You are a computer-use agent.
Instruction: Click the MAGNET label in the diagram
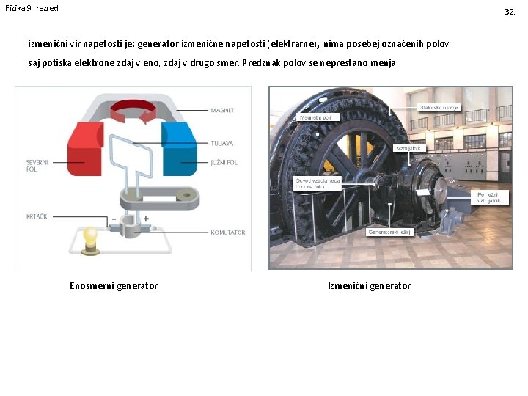(x=222, y=111)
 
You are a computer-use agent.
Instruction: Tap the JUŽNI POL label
(x=224, y=162)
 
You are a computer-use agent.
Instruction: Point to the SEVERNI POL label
(x=37, y=165)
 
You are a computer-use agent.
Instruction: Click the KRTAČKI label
(x=38, y=216)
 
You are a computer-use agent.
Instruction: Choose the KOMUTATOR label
(x=227, y=232)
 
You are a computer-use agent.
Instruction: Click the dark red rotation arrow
(x=133, y=111)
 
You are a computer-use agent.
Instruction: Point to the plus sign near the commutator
(x=146, y=219)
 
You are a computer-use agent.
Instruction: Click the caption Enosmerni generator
(x=114, y=286)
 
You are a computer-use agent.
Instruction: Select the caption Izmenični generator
(x=369, y=286)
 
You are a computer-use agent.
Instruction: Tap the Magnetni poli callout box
(x=318, y=118)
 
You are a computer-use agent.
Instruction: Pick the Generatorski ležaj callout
(x=389, y=232)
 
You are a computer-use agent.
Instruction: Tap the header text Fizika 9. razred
(x=32, y=8)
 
